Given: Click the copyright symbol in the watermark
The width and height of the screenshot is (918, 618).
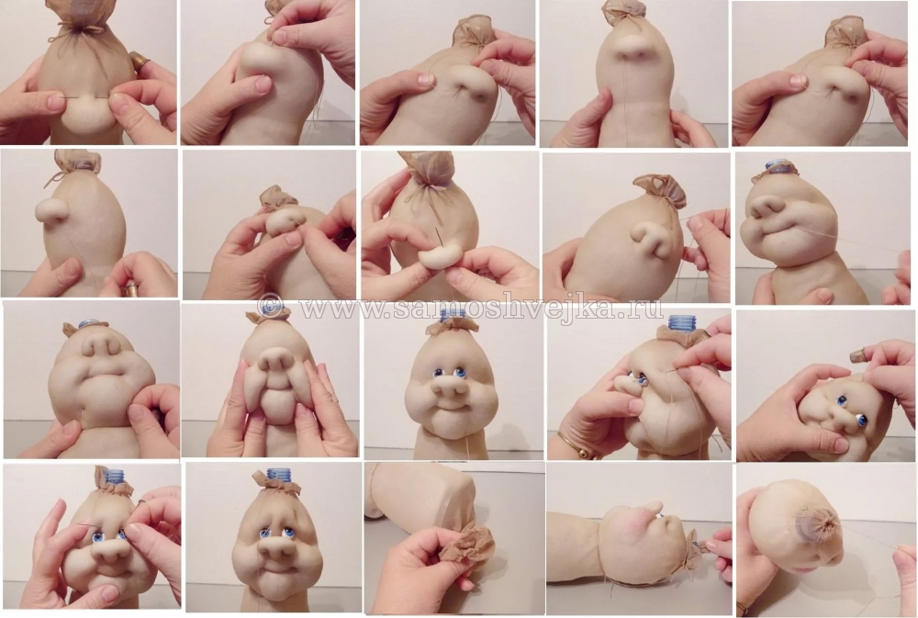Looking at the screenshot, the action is click(x=270, y=307).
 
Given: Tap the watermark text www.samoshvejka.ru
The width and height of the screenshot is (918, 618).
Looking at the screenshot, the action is click(x=480, y=307).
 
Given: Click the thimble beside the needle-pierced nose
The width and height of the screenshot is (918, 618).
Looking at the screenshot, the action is click(x=138, y=60).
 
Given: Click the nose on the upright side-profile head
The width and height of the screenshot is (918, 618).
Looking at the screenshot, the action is click(x=49, y=209).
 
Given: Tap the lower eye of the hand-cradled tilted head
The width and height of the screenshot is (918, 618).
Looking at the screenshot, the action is click(x=860, y=419).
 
